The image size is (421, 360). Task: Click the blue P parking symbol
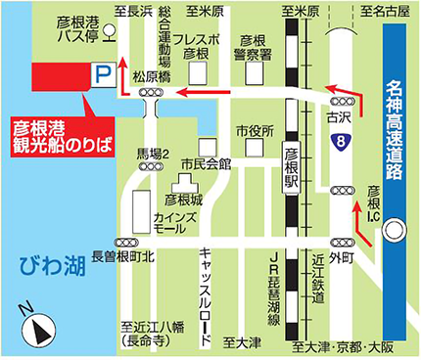pos(99,73)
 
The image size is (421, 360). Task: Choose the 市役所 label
pos(253,130)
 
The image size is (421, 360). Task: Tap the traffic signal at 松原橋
pos(152,92)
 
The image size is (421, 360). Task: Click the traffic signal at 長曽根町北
pos(125,241)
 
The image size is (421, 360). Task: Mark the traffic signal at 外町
pos(339,241)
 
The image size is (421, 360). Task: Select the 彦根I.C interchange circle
pos(393,232)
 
